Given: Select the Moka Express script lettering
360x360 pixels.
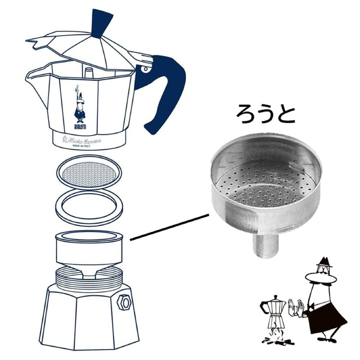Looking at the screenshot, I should pos(85,140).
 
